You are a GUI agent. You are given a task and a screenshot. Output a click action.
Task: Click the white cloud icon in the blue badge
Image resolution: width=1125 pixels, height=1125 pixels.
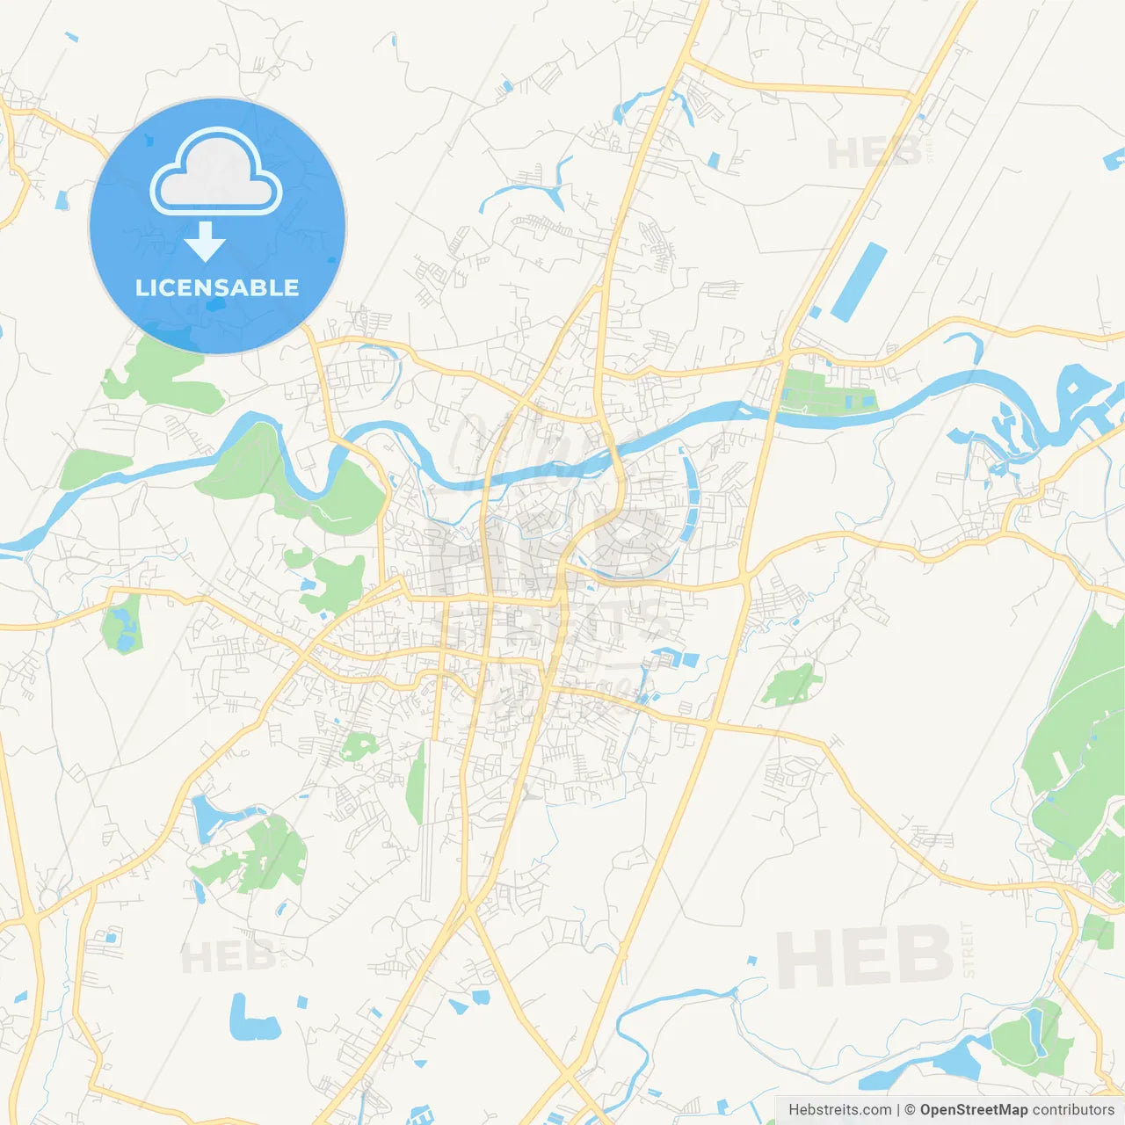pyautogui.click(x=216, y=172)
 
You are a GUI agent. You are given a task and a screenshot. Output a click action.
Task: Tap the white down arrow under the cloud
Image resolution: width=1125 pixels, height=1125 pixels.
pyautogui.click(x=205, y=242)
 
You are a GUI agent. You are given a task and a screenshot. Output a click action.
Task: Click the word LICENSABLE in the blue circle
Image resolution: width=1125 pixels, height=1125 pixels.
pyautogui.click(x=217, y=287)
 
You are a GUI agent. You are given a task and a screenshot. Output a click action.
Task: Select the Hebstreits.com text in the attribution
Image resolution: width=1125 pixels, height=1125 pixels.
pyautogui.click(x=839, y=1110)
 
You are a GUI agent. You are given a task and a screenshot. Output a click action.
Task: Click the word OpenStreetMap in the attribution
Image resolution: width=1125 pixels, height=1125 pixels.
pyautogui.click(x=974, y=1110)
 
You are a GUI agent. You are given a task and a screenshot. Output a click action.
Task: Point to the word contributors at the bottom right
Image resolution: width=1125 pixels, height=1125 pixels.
pyautogui.click(x=1073, y=1110)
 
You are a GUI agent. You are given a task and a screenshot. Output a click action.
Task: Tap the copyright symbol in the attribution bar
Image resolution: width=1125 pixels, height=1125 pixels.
pyautogui.click(x=910, y=1110)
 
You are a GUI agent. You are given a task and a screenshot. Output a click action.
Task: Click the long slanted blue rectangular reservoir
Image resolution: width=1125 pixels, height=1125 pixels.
pyautogui.click(x=859, y=281)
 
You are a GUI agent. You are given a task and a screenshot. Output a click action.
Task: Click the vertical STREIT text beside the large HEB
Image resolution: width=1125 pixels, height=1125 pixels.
pyautogui.click(x=969, y=949)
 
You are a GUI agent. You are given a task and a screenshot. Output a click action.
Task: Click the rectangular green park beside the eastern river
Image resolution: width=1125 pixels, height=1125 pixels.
pyautogui.click(x=826, y=391)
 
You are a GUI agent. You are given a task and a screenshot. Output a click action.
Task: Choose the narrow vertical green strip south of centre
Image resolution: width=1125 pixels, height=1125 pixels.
pyautogui.click(x=417, y=782)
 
